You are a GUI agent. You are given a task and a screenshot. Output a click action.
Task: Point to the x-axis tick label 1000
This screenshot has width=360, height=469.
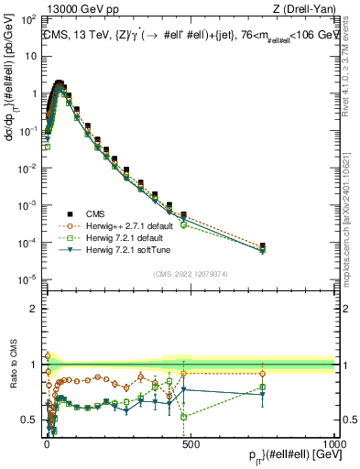pos(333,441)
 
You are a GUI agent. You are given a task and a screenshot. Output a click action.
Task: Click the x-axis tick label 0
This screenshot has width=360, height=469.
pos(47,441)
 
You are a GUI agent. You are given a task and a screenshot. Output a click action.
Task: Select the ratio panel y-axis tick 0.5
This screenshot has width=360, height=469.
pos(33,420)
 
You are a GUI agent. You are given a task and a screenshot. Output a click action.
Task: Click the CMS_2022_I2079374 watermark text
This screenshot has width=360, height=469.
pos(190,273)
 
